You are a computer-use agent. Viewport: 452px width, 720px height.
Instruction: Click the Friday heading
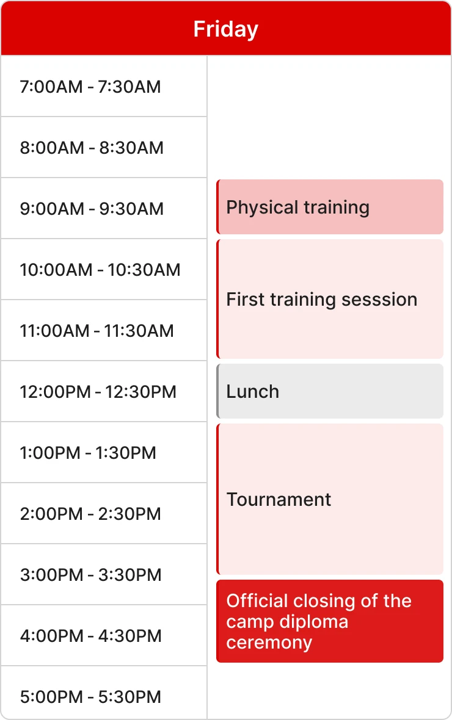(x=225, y=29)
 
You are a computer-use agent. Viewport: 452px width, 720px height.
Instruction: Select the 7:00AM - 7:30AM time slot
(x=90, y=87)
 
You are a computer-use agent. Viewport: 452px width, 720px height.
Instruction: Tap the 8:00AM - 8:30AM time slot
(x=92, y=148)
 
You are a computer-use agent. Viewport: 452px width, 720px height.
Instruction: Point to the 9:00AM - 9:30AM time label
(x=92, y=209)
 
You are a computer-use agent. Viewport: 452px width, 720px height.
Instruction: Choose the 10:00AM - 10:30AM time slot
(x=100, y=270)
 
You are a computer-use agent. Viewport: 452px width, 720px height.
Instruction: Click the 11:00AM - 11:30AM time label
(x=97, y=331)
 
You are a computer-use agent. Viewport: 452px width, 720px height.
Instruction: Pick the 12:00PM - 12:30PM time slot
(x=98, y=392)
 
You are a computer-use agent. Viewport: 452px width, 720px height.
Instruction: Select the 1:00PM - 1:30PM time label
(x=88, y=453)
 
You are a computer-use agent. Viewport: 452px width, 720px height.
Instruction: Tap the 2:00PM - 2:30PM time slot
(x=90, y=514)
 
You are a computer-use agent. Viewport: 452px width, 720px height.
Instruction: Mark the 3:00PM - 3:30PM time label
(x=90, y=575)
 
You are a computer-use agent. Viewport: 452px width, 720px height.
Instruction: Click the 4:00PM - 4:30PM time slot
(x=90, y=636)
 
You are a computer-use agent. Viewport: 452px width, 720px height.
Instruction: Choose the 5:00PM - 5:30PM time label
(x=90, y=697)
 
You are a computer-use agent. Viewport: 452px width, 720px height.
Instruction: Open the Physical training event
(x=330, y=207)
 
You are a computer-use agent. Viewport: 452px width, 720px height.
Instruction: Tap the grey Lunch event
(x=330, y=391)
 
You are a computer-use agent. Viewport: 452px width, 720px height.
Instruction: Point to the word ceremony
(x=269, y=643)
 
